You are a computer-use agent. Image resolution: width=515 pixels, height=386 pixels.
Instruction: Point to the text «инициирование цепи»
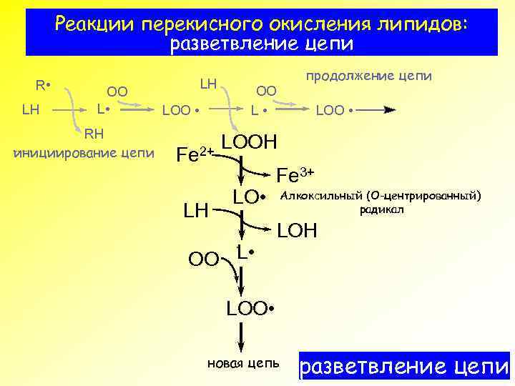84,152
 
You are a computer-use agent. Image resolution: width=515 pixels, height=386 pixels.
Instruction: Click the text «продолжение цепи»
369,76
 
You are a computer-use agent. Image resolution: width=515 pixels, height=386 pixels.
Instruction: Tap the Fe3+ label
295,174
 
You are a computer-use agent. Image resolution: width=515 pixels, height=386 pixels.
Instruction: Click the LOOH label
250,142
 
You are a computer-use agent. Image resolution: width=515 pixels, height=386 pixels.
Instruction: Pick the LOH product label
300,231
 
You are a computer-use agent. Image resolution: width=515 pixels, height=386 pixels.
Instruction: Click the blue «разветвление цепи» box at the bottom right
404,367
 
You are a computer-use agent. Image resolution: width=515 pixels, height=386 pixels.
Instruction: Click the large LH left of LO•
196,211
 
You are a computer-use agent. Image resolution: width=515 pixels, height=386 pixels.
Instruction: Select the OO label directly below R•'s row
117,91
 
